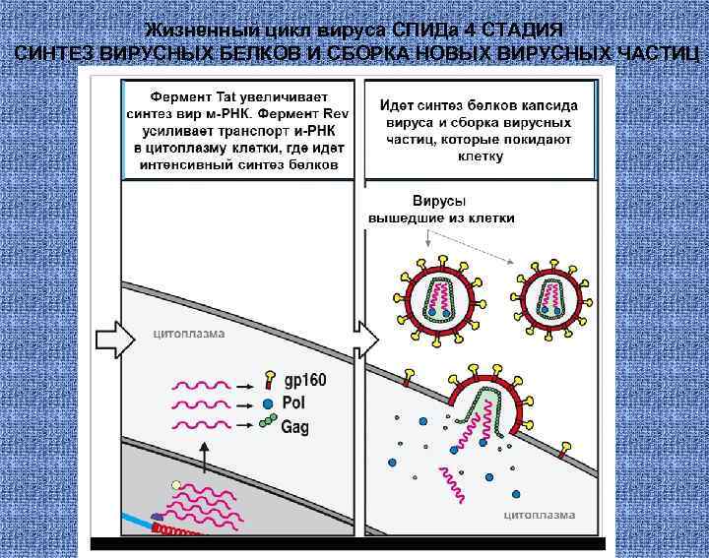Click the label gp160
pos(305,381)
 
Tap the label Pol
pos(294,403)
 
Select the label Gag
pos(296,426)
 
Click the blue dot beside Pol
pos(268,403)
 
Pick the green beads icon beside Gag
pos(267,423)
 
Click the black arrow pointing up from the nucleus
pos(204,457)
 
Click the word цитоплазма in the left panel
pos(189,334)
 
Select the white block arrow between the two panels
pos(366,340)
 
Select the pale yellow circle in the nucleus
pos(175,485)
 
